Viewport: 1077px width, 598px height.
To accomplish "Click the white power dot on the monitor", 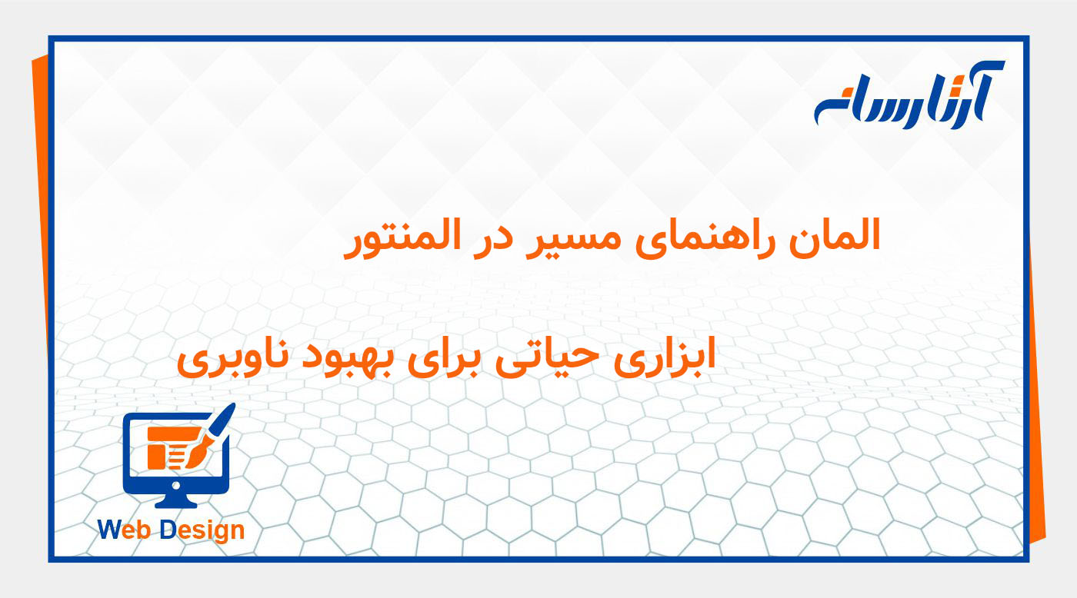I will [176, 485].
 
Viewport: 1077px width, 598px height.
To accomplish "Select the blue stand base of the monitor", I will [176, 502].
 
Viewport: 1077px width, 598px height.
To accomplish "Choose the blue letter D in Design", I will [168, 530].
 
